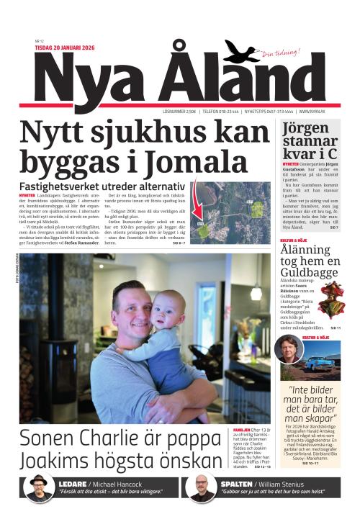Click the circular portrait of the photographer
point(289,350)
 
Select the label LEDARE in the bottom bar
point(74,484)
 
